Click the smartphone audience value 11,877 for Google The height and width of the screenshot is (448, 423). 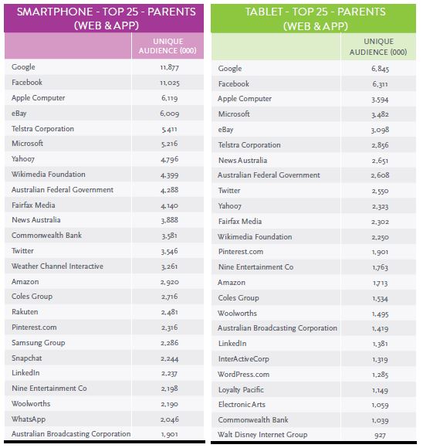(169, 67)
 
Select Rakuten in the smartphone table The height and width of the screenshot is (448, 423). (25, 312)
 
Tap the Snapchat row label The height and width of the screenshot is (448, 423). (27, 358)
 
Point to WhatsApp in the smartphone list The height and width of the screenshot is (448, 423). (29, 419)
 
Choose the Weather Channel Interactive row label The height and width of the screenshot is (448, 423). (57, 266)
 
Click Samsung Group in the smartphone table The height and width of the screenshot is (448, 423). (39, 343)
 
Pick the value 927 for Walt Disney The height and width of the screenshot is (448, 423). (380, 436)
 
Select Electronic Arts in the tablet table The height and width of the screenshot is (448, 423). (242, 405)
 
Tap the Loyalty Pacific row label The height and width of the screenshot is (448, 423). (241, 390)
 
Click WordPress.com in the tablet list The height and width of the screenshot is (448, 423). (244, 375)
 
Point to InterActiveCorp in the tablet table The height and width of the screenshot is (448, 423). (244, 359)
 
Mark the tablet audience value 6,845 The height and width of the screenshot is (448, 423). (380, 69)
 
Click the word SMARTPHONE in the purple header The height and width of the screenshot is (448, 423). (55, 12)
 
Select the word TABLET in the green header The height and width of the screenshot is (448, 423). (264, 12)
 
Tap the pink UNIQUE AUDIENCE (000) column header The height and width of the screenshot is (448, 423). (168, 46)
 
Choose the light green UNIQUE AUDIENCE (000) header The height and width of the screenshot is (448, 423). (378, 47)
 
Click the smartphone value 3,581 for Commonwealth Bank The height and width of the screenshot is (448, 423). (169, 236)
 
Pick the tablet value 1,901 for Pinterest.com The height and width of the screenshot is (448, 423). (380, 252)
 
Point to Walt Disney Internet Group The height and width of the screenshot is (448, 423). (262, 435)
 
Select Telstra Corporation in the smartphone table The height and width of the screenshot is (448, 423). (43, 129)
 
